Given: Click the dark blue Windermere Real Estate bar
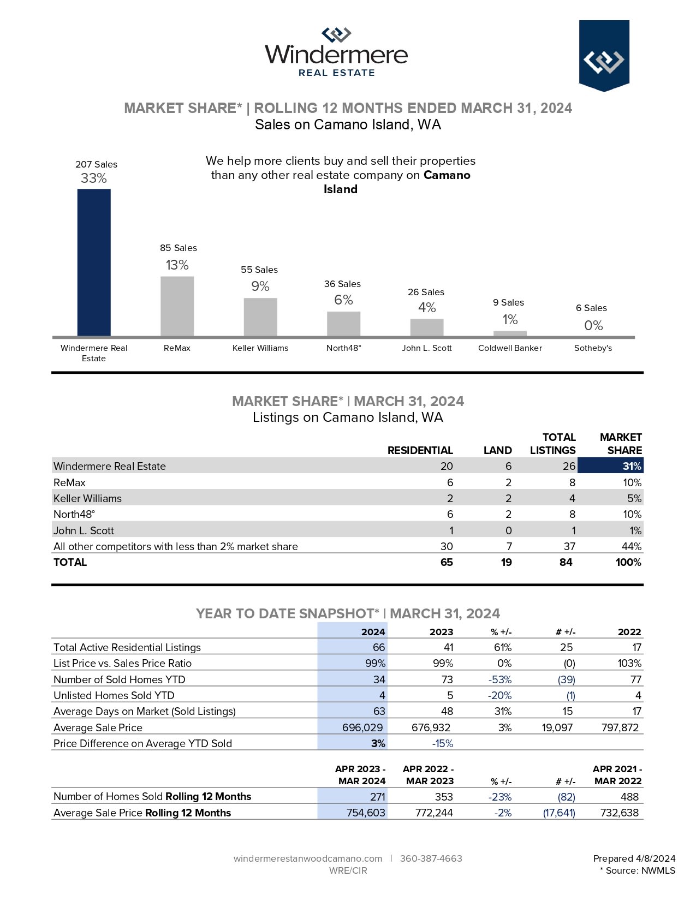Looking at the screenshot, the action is point(94,262).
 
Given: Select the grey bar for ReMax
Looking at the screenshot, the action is point(177,306).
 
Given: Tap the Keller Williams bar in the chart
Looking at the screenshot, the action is point(260,317).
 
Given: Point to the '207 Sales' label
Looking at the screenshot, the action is point(96,164).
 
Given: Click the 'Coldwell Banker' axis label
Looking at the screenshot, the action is point(510,348).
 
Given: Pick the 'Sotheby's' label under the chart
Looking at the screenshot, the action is point(593,348).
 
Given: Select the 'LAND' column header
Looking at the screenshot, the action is point(497,450).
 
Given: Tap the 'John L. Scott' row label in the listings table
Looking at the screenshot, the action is point(84,530).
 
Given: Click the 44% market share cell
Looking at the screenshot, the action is point(631,546).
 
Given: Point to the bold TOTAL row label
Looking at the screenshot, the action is point(70,562).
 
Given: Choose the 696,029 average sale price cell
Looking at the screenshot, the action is point(362,727).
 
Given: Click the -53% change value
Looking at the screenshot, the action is point(499,679).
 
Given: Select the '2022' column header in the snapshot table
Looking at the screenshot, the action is point(629,632).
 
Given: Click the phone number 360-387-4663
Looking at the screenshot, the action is point(431,858).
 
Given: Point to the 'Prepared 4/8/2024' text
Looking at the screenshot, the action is point(634,858).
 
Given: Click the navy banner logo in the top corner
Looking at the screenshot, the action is point(604,56).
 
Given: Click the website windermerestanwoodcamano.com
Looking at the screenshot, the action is point(307,858).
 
